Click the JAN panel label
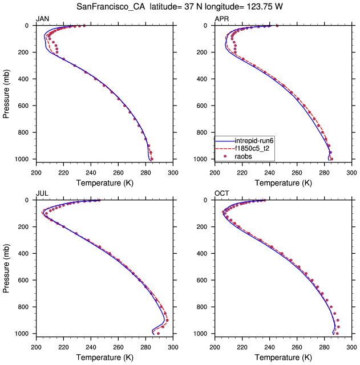coord(43,19)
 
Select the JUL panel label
coord(42,194)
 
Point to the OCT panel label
coord(222,194)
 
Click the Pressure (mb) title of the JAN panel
coord(6,92)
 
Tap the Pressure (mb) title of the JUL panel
coord(6,267)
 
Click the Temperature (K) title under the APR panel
coord(284,182)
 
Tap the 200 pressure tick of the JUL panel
coord(28,227)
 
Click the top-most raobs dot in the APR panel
coord(277,26)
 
